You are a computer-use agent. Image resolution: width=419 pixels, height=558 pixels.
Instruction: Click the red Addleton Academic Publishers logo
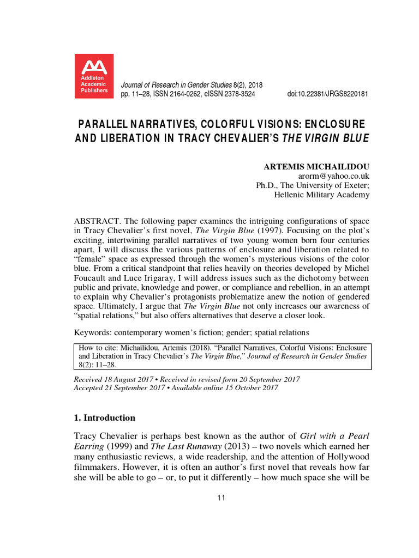click(94, 76)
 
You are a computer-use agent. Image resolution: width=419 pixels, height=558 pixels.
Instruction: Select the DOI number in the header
click(327, 94)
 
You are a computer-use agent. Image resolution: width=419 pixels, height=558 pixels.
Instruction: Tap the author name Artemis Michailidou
click(316, 167)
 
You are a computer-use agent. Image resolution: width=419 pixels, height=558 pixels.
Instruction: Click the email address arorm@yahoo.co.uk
click(334, 176)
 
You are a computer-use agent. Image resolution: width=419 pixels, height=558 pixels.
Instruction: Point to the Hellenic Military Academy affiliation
click(321, 195)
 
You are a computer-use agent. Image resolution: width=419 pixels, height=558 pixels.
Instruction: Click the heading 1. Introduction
click(104, 418)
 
